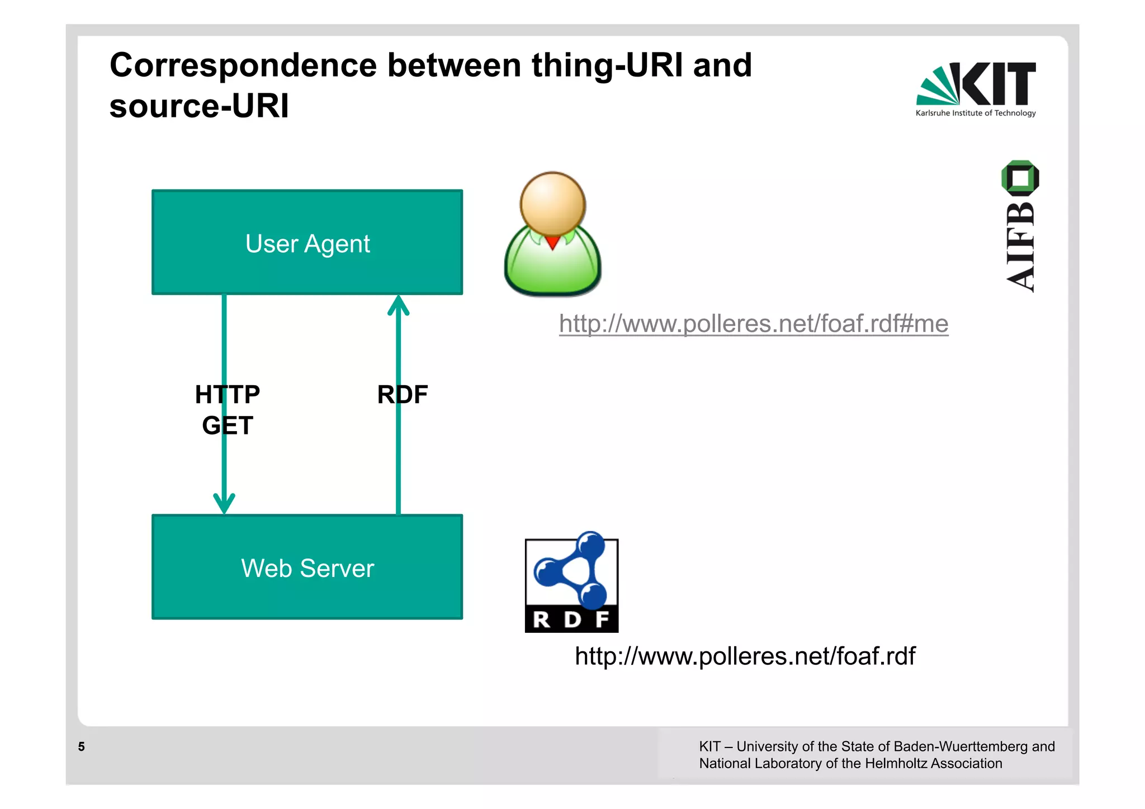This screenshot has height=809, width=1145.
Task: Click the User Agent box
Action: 307,243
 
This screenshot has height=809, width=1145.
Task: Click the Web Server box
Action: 307,567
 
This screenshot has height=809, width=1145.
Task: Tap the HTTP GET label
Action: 228,410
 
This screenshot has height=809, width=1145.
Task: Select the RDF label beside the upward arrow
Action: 402,395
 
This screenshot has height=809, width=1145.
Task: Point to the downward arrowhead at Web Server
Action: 224,503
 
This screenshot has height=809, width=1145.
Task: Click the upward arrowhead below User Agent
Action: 398,306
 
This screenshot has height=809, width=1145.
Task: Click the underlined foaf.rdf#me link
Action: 753,324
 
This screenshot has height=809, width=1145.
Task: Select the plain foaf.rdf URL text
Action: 745,656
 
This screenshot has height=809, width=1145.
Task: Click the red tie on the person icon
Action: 552,242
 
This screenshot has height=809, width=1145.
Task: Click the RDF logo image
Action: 571,584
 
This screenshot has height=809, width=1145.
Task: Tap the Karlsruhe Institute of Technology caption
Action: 975,113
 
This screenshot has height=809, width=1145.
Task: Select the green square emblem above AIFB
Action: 1020,178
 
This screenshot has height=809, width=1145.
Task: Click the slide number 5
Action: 82,746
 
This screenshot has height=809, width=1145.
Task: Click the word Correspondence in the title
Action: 243,65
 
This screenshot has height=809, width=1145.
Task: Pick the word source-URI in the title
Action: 199,106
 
